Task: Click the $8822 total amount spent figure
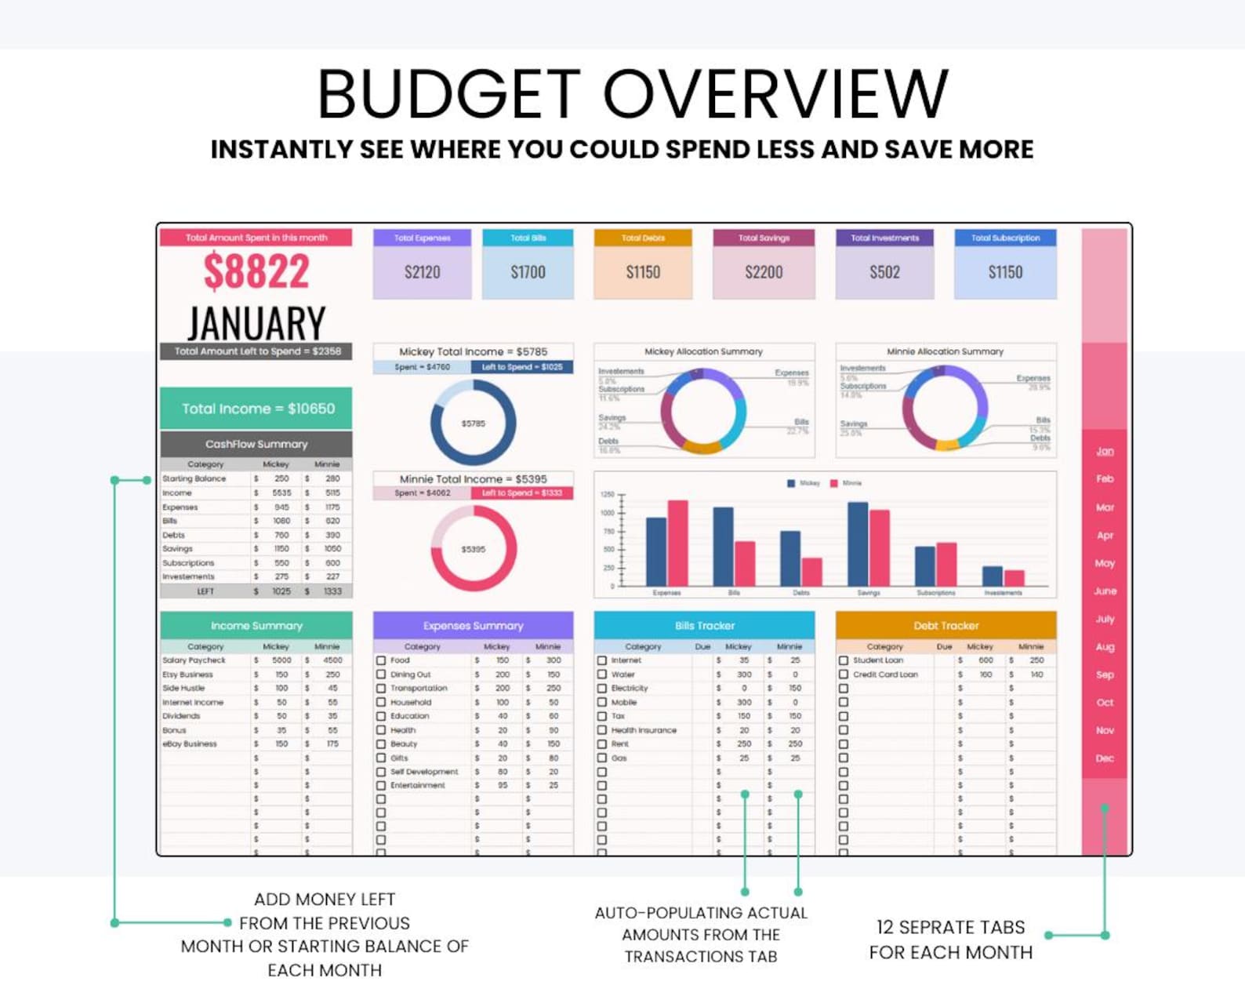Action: (256, 271)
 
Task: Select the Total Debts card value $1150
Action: (643, 272)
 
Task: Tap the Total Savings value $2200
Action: (764, 272)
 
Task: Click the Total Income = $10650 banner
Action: (257, 409)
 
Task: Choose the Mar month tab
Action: (1105, 507)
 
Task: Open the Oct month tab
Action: (1105, 703)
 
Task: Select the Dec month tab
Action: (1105, 758)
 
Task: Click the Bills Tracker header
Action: (704, 626)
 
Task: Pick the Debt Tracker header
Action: (946, 626)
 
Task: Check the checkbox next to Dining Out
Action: (381, 674)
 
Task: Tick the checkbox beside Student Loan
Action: (844, 660)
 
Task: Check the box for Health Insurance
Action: (602, 730)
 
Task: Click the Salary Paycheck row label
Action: (194, 660)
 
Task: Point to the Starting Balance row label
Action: (194, 478)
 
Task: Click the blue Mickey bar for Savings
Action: (858, 543)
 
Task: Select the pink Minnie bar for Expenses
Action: (677, 543)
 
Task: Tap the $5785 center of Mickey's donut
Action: (473, 423)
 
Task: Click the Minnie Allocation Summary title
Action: (945, 351)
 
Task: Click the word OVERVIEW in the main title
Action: (775, 94)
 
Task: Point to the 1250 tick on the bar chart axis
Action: (608, 495)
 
